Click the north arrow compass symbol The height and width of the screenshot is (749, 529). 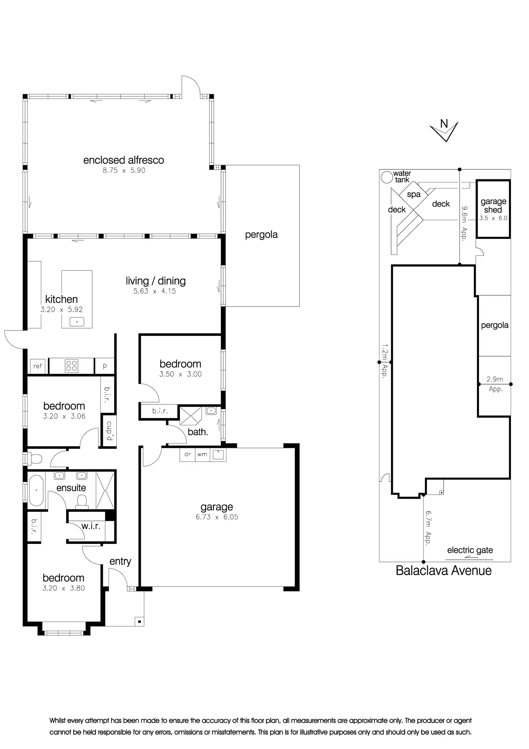tap(445, 130)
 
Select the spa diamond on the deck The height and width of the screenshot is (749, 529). tap(414, 195)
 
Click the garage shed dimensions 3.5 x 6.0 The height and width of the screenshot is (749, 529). tap(493, 218)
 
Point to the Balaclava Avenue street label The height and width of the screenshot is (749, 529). tap(443, 571)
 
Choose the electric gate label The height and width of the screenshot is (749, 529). tap(470, 550)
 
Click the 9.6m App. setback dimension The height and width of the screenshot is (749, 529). tap(465, 223)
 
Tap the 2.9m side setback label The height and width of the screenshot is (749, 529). tap(495, 379)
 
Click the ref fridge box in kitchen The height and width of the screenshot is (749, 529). tap(37, 366)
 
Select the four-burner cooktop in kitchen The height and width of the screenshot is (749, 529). tap(71, 366)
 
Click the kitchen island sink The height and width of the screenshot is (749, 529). tap(77, 322)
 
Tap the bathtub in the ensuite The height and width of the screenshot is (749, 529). tap(36, 490)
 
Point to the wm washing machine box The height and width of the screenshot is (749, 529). tap(202, 454)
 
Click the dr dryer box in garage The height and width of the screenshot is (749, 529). tap(188, 454)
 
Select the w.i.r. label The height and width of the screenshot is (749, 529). tap(91, 526)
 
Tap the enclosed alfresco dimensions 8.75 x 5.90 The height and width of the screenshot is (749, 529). tap(124, 171)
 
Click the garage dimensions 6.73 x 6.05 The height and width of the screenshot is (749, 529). tap(217, 517)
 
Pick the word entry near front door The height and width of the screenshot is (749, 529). tap(120, 561)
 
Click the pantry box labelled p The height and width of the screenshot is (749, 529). tap(105, 366)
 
